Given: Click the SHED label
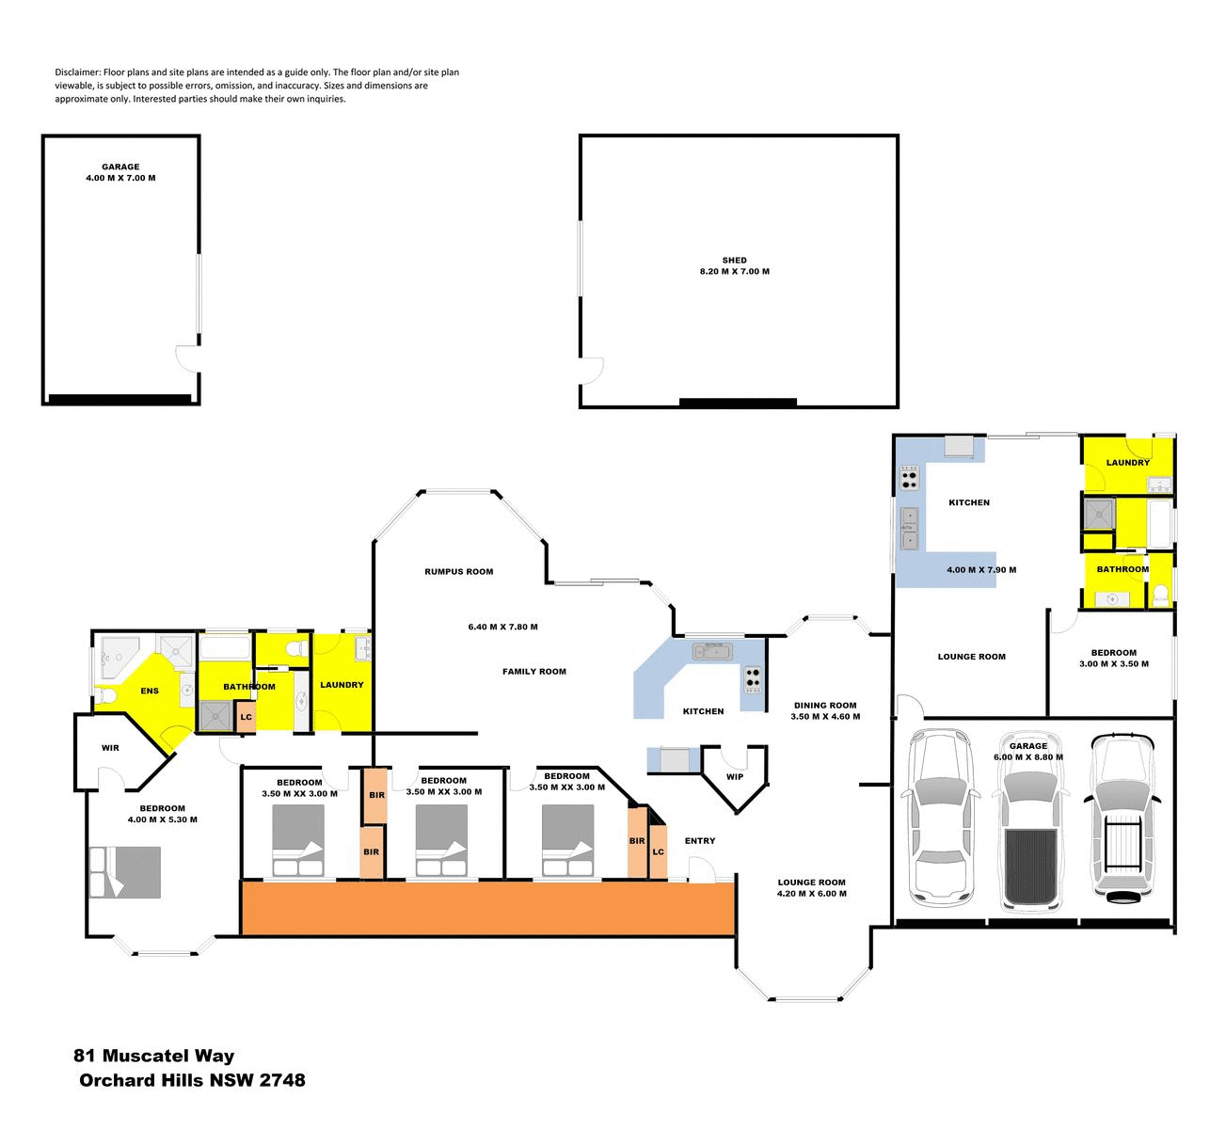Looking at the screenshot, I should [734, 261].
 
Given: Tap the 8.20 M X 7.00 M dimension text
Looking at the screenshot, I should [734, 272].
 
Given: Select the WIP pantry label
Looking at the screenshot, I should [735, 777].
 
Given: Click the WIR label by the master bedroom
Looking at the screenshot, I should [110, 749].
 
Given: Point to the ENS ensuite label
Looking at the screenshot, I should [150, 692].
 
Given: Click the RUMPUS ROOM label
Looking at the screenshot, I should [458, 572].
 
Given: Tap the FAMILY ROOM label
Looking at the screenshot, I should [533, 672].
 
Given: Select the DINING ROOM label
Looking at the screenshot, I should [825, 706].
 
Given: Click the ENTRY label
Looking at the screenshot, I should [700, 841].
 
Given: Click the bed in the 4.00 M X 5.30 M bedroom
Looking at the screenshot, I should [126, 872].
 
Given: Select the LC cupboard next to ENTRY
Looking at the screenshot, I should [659, 852].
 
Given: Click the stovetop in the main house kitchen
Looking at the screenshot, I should [753, 676].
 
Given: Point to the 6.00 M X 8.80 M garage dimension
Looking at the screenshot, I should [1027, 757].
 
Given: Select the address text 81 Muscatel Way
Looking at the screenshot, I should [154, 1057].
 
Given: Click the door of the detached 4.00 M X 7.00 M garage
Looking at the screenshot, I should [188, 358].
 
